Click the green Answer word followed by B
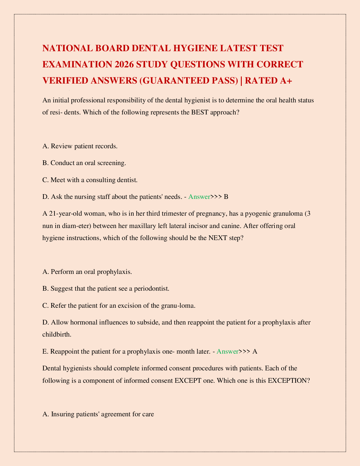199,197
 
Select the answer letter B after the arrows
226,197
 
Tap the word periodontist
151,288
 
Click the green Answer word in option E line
227,351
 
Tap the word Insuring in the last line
63,414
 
